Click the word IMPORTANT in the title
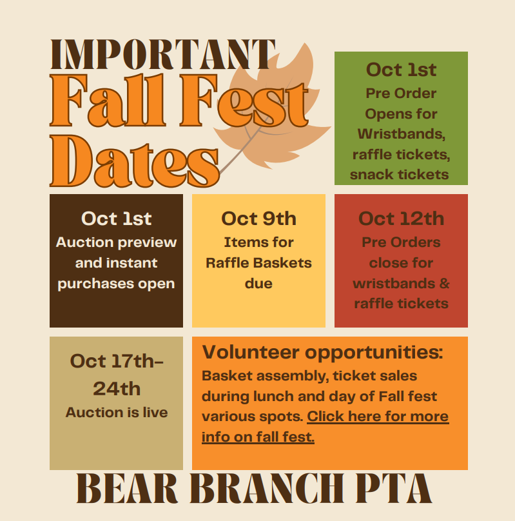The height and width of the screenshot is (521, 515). (x=162, y=55)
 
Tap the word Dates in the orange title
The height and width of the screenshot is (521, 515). (x=135, y=161)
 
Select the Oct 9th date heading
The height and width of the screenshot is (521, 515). (x=258, y=219)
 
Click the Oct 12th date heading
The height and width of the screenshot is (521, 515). (x=401, y=219)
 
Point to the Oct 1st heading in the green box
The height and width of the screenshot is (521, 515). (x=401, y=70)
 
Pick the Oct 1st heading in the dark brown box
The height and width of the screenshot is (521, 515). (x=116, y=219)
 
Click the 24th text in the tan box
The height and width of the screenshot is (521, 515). (x=117, y=388)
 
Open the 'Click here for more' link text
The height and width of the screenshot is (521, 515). (x=378, y=417)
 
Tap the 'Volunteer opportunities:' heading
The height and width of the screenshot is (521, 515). (x=322, y=352)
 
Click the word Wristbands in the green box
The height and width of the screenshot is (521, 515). (x=401, y=134)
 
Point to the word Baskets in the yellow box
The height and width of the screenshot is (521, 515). (x=282, y=263)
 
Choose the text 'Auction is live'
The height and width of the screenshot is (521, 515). (x=117, y=412)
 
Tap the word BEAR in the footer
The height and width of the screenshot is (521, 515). (x=127, y=489)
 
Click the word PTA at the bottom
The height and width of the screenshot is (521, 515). (x=394, y=489)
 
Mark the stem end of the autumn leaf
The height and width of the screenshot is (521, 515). (x=220, y=173)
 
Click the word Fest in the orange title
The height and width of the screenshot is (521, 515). (x=244, y=101)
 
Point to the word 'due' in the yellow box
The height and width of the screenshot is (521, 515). (x=258, y=284)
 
